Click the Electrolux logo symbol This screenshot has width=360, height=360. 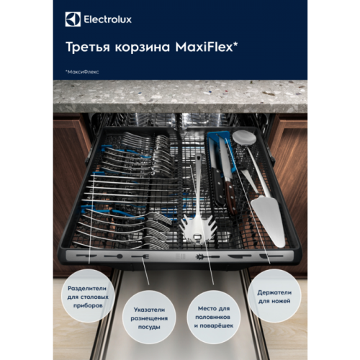(71, 19)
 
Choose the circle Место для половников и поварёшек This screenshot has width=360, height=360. (215, 318)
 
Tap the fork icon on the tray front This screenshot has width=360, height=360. (138, 256)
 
